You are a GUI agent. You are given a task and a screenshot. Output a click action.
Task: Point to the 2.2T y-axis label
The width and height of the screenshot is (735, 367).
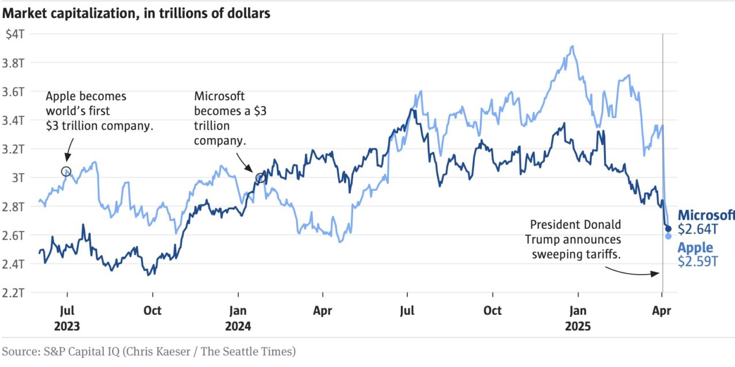pyautogui.click(x=14, y=292)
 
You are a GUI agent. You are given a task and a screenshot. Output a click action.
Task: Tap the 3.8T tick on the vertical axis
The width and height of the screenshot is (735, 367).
pyautogui.click(x=14, y=62)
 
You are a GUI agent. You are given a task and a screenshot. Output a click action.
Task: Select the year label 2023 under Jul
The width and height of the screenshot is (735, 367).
pyautogui.click(x=67, y=326)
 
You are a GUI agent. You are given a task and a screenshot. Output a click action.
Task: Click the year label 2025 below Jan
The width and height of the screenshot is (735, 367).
pyautogui.click(x=578, y=326)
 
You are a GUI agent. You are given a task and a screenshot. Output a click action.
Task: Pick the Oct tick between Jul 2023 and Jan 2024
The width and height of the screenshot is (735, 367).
pyautogui.click(x=152, y=311)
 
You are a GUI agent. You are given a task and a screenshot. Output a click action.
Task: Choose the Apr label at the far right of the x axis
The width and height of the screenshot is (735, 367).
pyautogui.click(x=662, y=311)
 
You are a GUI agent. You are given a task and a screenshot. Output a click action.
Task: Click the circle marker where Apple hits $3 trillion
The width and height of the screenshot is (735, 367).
pyautogui.click(x=66, y=171)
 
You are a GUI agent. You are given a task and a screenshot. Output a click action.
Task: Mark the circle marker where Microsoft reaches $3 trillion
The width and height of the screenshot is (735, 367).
pyautogui.click(x=260, y=178)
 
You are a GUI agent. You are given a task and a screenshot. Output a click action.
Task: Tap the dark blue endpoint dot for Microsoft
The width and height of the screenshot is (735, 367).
pyautogui.click(x=668, y=229)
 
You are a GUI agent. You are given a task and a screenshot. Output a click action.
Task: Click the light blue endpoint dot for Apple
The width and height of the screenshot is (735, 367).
pyautogui.click(x=668, y=236)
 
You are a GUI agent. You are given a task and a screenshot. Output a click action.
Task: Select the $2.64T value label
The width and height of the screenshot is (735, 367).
pyautogui.click(x=698, y=229)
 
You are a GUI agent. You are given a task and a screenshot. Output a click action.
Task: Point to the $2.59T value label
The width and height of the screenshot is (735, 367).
pyautogui.click(x=698, y=261)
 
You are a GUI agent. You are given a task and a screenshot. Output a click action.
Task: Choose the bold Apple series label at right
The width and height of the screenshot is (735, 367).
pyautogui.click(x=695, y=248)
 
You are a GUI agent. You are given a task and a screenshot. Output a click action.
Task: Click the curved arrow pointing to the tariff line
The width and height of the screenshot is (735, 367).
pyautogui.click(x=632, y=272)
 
